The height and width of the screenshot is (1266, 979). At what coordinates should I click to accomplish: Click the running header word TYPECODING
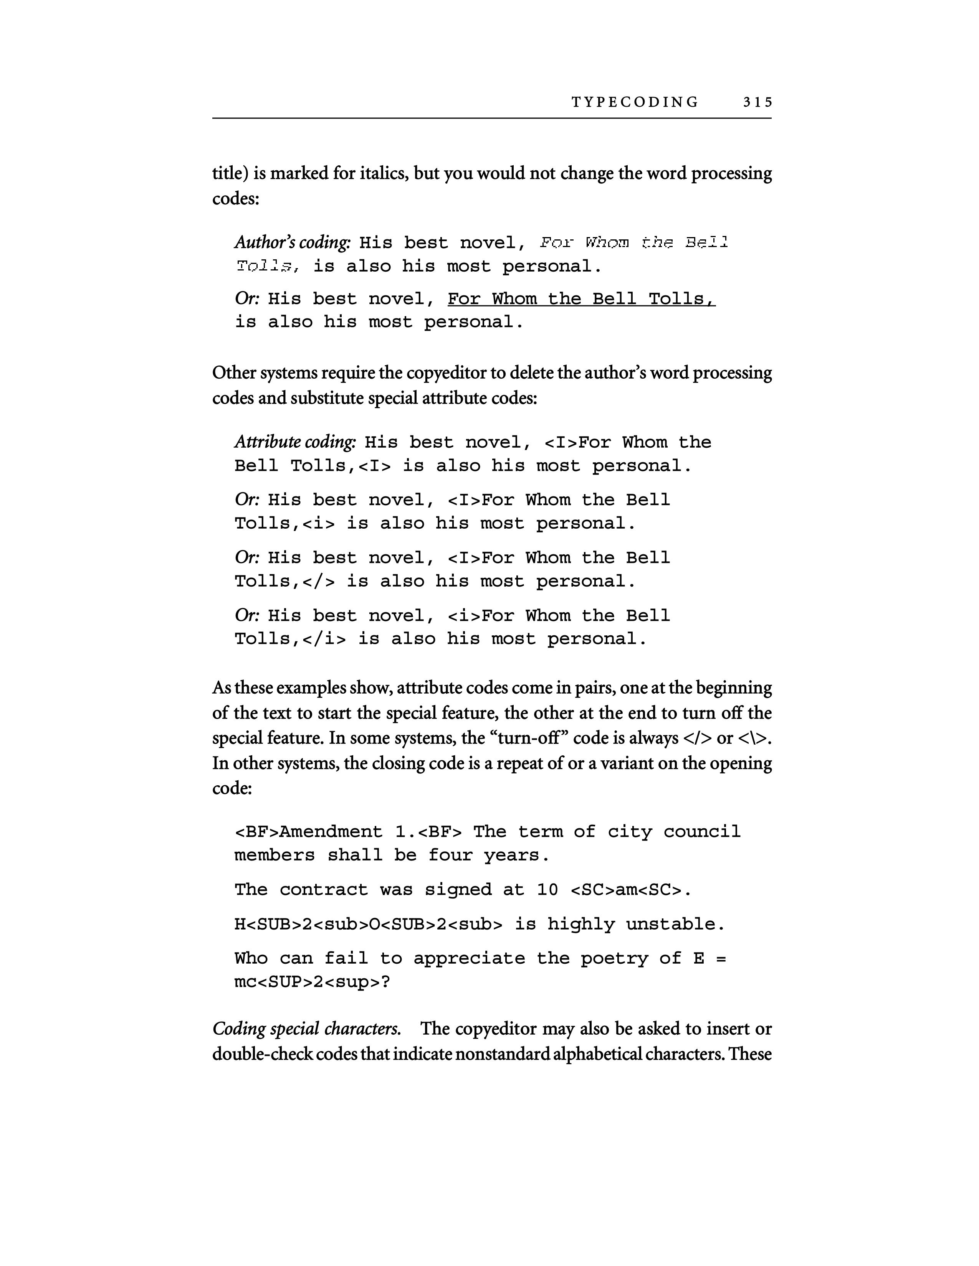click(635, 102)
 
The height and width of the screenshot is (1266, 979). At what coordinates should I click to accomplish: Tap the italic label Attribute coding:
click(294, 442)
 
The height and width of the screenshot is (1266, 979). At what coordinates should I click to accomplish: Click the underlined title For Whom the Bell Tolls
click(581, 299)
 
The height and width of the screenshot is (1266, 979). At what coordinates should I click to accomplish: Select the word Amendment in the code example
click(331, 832)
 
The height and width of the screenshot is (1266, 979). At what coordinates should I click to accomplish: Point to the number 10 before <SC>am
click(547, 890)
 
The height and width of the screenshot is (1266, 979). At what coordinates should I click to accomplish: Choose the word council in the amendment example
click(702, 832)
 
